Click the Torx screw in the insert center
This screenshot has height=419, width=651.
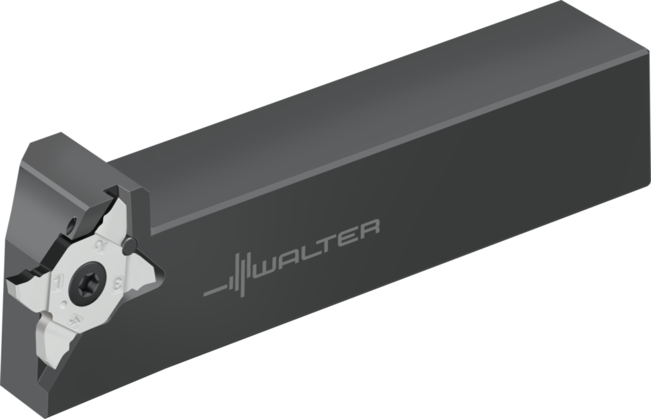point(86,282)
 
